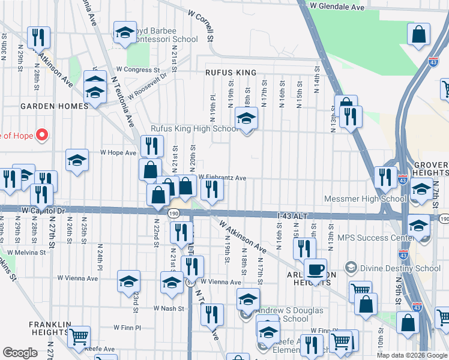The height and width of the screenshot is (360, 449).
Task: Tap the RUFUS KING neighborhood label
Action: (231, 73)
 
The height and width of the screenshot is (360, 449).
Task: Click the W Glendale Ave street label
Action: (337, 7)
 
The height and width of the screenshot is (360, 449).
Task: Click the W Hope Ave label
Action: (118, 153)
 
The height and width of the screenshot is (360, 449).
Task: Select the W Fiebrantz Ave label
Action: (222, 178)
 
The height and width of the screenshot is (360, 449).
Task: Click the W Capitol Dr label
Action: (43, 211)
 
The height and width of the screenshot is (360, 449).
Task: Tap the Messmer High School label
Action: (364, 199)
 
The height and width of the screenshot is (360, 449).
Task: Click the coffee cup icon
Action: (315, 268)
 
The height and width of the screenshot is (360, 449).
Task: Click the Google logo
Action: (20, 353)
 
